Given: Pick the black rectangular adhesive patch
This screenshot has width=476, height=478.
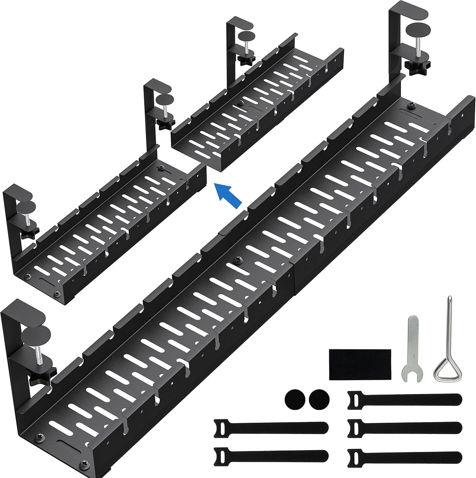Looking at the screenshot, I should point(360,362).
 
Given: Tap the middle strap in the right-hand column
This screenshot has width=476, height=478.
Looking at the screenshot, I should point(405,427).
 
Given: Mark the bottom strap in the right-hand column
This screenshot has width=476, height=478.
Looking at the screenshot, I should point(405,455).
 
